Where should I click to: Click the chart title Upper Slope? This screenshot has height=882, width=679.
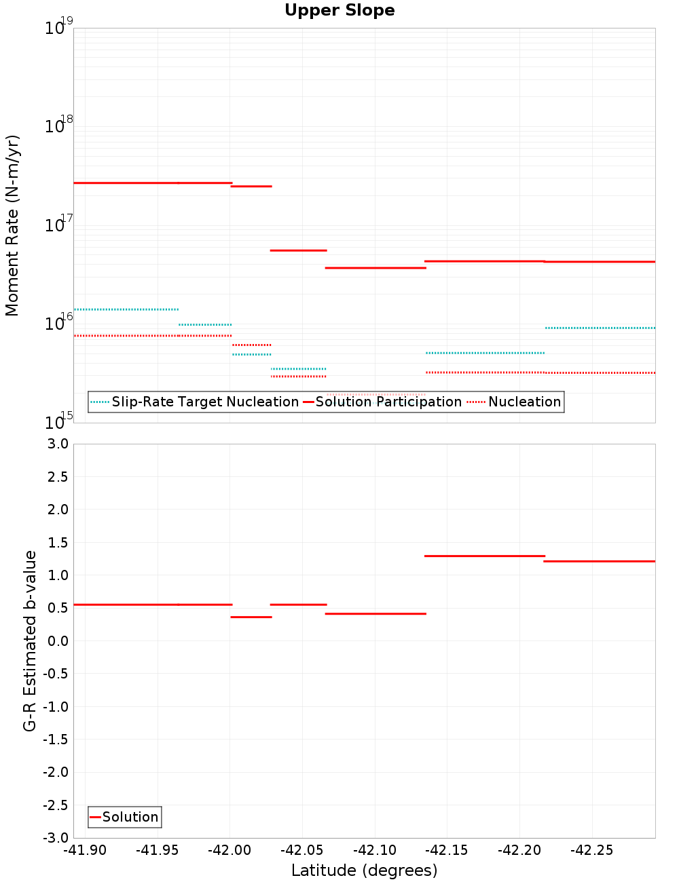[339, 11]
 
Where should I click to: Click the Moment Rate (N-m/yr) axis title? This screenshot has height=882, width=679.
[12, 225]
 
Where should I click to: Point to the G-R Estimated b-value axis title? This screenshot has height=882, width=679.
[30, 640]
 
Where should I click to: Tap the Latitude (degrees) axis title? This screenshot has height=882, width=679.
[364, 870]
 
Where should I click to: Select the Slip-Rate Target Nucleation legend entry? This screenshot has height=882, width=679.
[204, 402]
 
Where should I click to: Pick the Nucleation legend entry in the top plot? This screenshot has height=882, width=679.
[524, 402]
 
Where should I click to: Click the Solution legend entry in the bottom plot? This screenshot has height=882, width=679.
[130, 817]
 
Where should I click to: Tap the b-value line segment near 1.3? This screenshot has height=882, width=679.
[485, 556]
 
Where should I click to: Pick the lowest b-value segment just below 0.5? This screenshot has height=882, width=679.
[251, 617]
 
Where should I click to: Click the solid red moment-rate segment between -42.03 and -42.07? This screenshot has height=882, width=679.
[299, 250]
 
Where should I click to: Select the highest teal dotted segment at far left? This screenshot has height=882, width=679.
[126, 309]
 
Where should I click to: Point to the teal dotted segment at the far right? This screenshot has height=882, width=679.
[600, 328]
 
